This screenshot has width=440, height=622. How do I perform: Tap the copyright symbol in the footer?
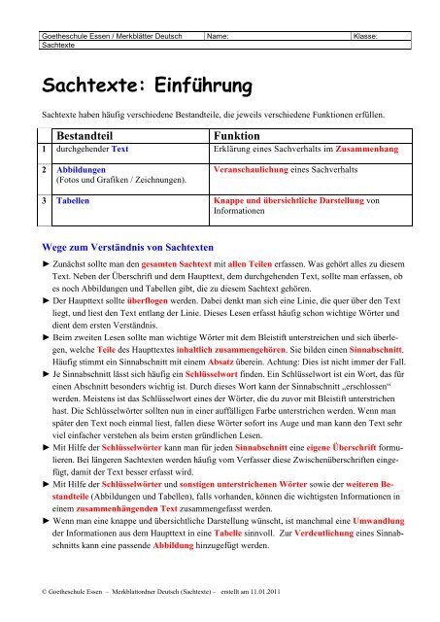tap(34, 590)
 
